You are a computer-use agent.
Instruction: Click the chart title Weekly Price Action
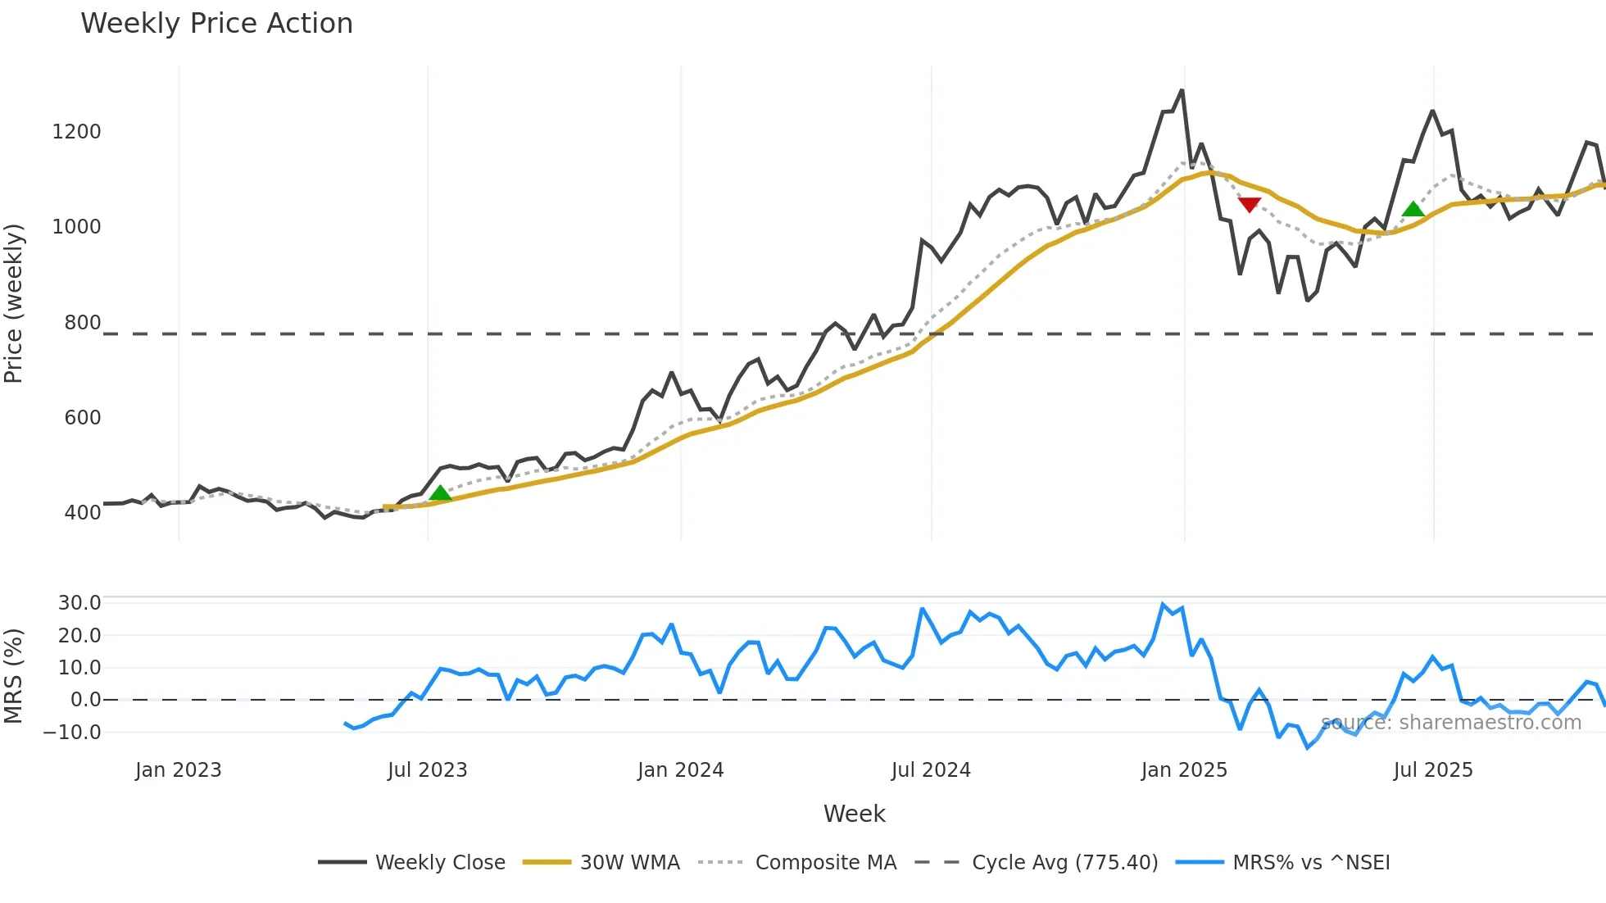[216, 24]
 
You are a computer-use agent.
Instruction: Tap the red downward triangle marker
[1249, 204]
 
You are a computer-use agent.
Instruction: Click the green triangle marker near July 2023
[440, 492]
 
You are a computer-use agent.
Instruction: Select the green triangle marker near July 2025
[1413, 209]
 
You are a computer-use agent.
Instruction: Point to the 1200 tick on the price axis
[76, 132]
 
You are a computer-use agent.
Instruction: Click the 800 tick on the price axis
[82, 323]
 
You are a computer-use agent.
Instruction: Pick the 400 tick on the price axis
[82, 513]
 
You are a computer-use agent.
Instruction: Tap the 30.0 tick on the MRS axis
[79, 603]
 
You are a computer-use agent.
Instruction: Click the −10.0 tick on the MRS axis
[72, 733]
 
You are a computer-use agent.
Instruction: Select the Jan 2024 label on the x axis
[680, 770]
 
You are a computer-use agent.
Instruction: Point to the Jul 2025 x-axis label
[1433, 770]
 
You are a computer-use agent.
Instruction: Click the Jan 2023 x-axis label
[178, 770]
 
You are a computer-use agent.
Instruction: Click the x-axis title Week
[854, 814]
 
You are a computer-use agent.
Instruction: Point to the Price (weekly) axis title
[14, 303]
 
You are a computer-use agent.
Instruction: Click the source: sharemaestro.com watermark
[1451, 723]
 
